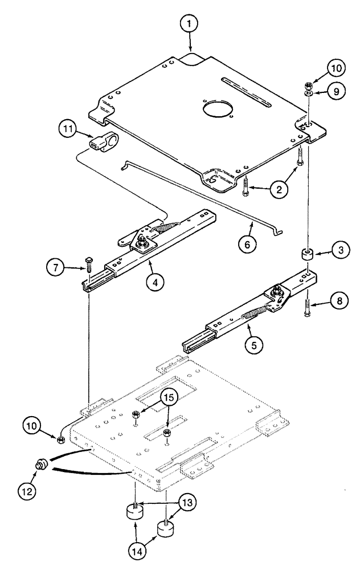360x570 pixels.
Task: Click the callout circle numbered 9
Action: [x=338, y=91]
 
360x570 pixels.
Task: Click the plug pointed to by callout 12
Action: [x=42, y=464]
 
